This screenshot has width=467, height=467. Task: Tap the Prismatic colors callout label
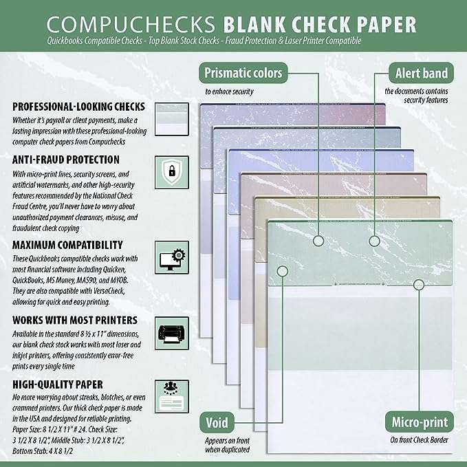(x=242, y=72)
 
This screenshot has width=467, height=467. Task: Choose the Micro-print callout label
(x=419, y=422)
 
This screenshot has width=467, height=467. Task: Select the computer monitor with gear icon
(x=167, y=253)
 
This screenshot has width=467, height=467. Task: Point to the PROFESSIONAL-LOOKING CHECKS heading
(x=78, y=107)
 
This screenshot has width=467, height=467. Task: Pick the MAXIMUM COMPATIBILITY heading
(x=67, y=244)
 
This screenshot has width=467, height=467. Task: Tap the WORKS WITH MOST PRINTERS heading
(x=74, y=320)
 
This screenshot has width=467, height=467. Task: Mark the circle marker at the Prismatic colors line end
(x=318, y=241)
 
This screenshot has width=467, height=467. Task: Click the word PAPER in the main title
(x=384, y=25)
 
